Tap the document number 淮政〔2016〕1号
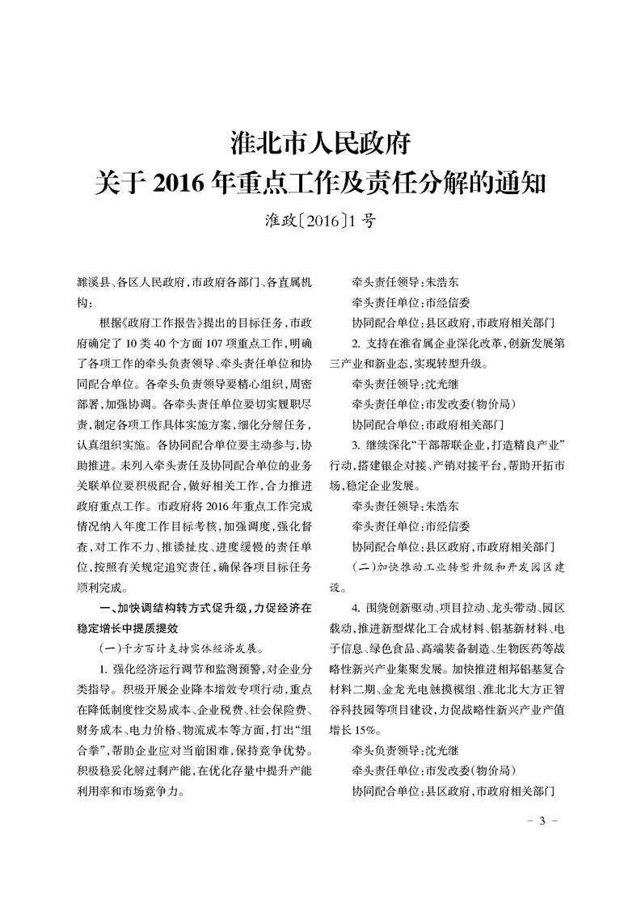click(320, 220)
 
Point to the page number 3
click(543, 821)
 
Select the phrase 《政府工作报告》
click(158, 321)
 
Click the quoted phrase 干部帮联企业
click(453, 448)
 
